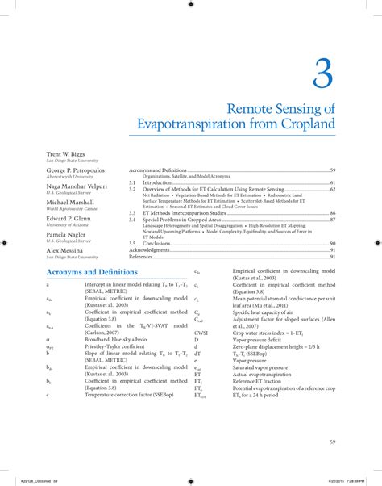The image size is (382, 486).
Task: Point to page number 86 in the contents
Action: click(332, 213)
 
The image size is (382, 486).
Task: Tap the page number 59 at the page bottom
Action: click(332, 442)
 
